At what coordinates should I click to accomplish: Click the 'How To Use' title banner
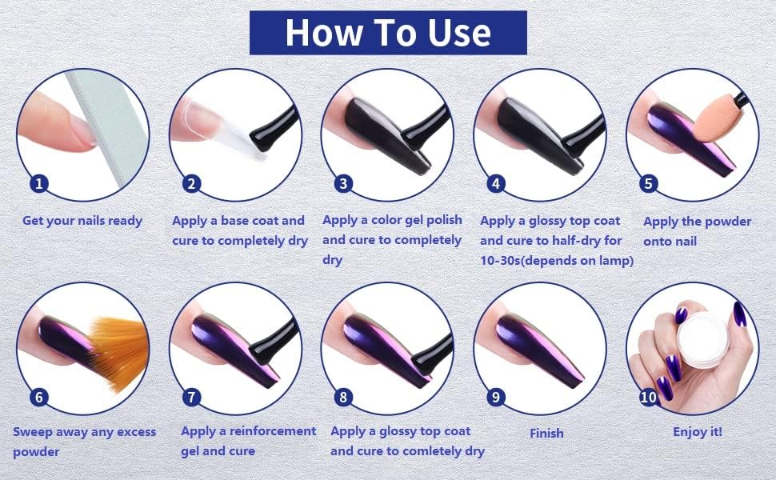pos(388,33)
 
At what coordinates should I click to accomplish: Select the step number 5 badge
pos(649,184)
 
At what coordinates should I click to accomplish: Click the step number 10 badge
pos(649,396)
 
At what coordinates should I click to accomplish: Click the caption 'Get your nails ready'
pos(82,221)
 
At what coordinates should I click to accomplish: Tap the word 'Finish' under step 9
pos(546,434)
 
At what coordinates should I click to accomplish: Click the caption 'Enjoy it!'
pos(697,432)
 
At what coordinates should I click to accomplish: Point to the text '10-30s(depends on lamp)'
pos(557,260)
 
